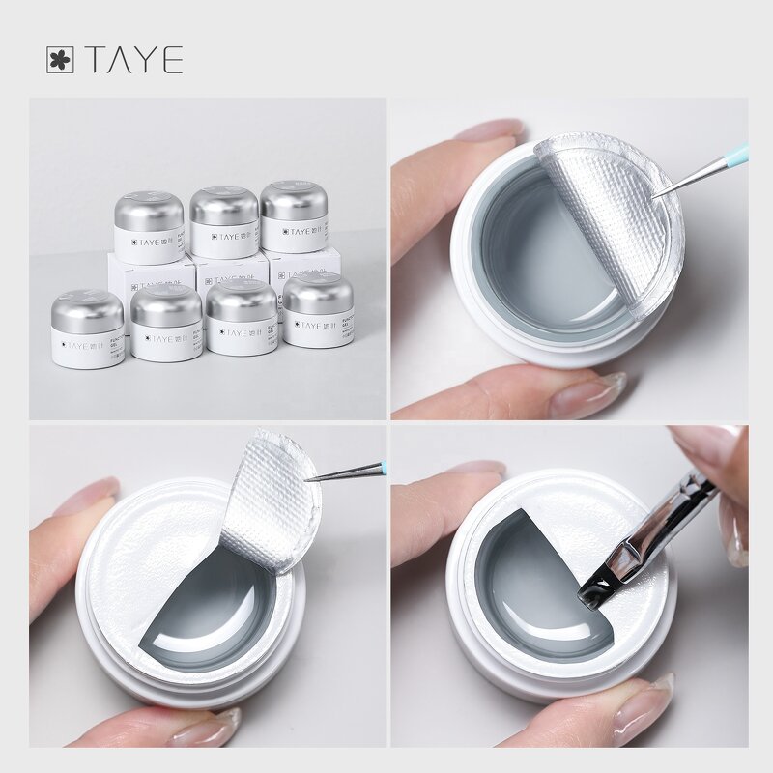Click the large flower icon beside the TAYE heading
60,60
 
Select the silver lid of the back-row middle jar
223,206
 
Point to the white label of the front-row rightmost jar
318,329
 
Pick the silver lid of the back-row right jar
294,200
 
